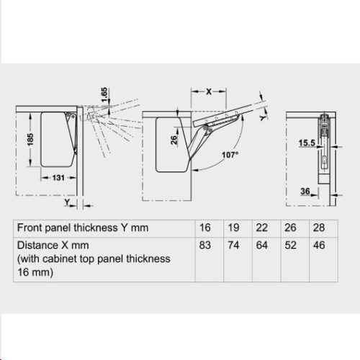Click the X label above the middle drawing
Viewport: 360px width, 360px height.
(x=209, y=92)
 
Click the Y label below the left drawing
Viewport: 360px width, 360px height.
(x=66, y=204)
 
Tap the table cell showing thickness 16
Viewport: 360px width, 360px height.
(x=205, y=228)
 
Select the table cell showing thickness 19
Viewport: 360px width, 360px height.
(x=234, y=228)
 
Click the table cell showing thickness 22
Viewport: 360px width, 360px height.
(x=263, y=228)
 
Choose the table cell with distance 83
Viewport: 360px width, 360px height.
(x=205, y=245)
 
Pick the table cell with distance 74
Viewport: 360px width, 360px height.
(x=234, y=245)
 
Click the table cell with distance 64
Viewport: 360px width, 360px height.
(x=263, y=245)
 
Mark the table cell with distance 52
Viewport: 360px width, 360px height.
(x=292, y=245)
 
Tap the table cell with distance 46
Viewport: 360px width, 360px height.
(x=319, y=245)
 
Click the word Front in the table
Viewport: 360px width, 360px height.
(x=30, y=228)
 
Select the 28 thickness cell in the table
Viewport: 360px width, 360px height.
(x=319, y=228)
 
